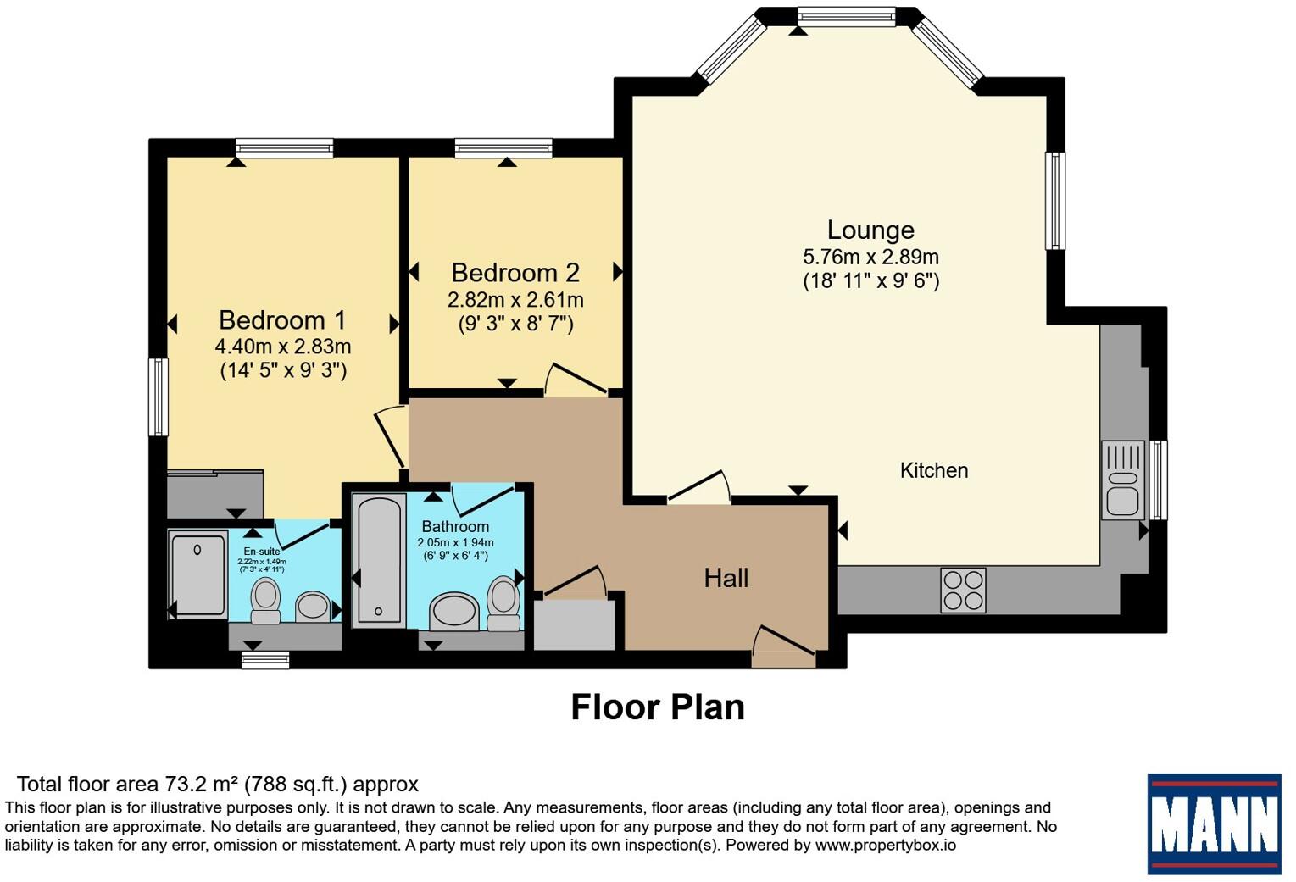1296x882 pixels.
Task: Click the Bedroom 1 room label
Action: pos(282,319)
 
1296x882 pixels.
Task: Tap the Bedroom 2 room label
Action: pos(515,273)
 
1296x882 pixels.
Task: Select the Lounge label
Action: pos(870,230)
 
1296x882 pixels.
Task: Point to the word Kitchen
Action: pos(934,470)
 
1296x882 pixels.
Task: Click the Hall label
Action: pos(726,578)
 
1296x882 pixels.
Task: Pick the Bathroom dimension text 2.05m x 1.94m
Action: pos(455,542)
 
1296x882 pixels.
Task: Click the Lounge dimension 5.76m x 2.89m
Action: pos(870,257)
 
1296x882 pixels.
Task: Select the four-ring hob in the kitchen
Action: pos(963,591)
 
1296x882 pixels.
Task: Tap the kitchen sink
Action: pos(1122,480)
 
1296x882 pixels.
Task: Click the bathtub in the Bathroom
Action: pos(379,560)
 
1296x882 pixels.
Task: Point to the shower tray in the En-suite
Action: pos(197,574)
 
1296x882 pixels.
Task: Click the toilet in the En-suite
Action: pos(265,601)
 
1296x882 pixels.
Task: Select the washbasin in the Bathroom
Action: pos(454,611)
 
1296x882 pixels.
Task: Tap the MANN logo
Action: pos(1214,824)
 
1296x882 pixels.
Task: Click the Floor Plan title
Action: pos(658,707)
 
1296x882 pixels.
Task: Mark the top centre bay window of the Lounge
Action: pos(846,17)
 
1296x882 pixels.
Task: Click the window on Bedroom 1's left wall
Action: pos(159,397)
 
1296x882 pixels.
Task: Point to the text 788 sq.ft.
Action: pos(295,785)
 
